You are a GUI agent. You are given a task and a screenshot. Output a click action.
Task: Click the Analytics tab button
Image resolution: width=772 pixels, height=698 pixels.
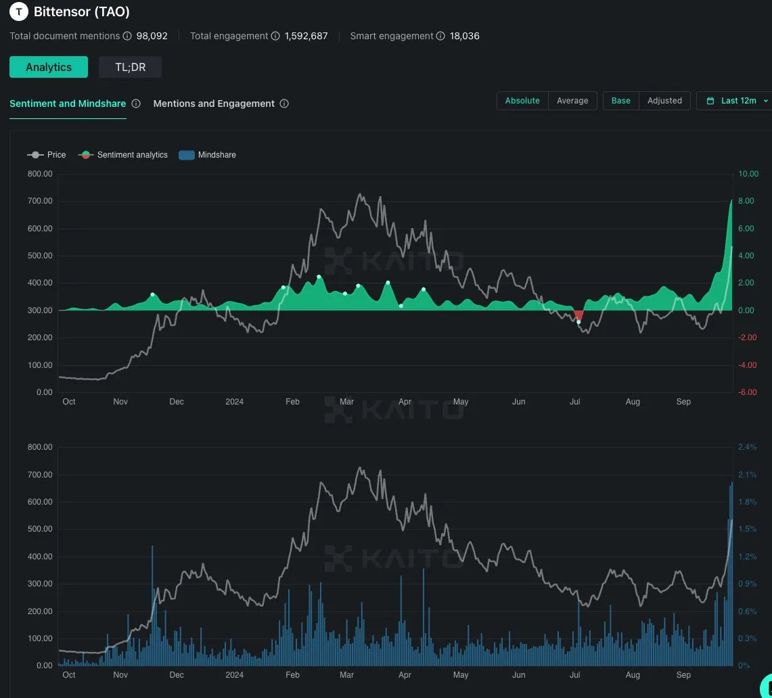(49, 67)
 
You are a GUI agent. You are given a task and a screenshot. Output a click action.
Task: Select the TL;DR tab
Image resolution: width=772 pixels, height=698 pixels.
(130, 67)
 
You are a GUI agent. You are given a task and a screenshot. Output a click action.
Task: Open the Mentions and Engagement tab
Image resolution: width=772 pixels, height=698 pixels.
(214, 103)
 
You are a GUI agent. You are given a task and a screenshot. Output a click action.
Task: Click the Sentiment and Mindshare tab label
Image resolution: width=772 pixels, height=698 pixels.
(68, 103)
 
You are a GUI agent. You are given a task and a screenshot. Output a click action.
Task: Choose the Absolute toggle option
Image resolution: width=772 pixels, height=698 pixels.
(522, 101)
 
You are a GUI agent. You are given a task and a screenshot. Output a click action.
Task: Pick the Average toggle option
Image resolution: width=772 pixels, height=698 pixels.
(572, 101)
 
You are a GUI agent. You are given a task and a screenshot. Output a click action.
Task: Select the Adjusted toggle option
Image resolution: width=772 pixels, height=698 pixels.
(664, 101)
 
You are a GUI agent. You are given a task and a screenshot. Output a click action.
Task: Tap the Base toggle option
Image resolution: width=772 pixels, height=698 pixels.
(620, 101)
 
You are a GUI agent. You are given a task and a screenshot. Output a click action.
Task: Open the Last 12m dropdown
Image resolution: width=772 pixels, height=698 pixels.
(737, 101)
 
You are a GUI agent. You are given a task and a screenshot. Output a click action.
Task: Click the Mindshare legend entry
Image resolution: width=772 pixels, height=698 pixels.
(207, 155)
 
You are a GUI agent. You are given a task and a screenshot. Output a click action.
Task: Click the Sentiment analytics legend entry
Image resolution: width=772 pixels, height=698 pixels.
(123, 155)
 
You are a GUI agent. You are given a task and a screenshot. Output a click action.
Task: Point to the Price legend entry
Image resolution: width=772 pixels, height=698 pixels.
(47, 155)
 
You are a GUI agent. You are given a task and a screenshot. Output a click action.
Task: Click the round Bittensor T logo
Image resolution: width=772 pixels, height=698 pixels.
(19, 11)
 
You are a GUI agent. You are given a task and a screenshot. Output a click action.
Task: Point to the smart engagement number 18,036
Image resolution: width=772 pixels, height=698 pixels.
(465, 36)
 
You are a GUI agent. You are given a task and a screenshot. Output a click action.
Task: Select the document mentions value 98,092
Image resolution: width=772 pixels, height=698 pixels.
(152, 36)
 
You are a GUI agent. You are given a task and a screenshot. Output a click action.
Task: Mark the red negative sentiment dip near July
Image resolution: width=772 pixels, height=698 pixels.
(578, 315)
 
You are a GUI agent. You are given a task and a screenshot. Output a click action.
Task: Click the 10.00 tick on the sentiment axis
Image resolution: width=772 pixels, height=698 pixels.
(748, 174)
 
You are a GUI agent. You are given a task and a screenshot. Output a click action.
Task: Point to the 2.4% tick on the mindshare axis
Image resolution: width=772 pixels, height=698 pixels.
(747, 447)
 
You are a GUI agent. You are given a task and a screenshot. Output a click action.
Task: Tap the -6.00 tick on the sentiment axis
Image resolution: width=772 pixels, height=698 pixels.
(748, 392)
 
